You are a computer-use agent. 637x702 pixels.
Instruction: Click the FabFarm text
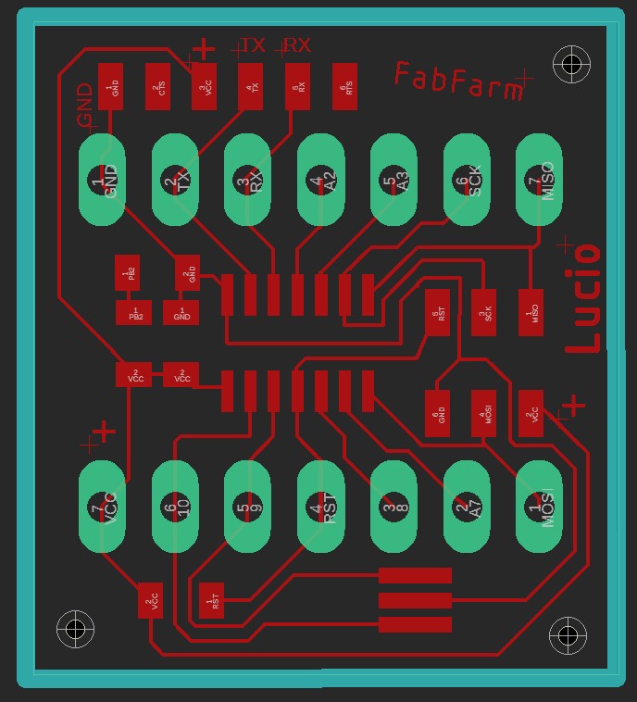[458, 81]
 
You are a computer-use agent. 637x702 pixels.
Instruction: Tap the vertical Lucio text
[584, 299]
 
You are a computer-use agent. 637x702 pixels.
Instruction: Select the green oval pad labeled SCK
[467, 180]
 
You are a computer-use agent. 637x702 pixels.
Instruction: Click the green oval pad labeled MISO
[539, 180]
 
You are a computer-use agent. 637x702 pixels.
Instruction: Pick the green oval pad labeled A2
[320, 180]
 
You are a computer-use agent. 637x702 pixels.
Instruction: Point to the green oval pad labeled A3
[393, 180]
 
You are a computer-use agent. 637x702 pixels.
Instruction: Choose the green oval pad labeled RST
[320, 507]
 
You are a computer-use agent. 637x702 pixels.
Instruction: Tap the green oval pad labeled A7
[467, 507]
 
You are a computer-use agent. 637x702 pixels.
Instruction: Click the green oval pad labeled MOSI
[539, 507]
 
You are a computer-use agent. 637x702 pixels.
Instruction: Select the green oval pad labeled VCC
[102, 507]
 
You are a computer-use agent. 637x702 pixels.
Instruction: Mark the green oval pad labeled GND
[102, 180]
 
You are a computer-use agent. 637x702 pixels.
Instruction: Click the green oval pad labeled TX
[175, 180]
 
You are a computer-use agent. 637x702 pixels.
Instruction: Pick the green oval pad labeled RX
[247, 180]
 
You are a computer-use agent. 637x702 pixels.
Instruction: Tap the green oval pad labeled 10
[175, 507]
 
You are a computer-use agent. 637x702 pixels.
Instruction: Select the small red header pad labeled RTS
[344, 86]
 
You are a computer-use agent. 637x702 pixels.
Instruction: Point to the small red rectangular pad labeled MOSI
[483, 410]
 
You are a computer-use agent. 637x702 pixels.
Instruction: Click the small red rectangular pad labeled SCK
[483, 313]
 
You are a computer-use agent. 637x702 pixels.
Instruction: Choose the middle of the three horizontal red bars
[415, 600]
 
